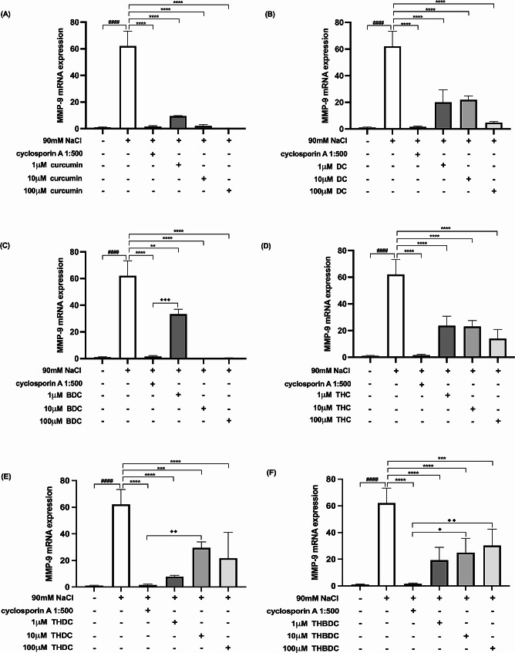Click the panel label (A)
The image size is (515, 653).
[10, 14]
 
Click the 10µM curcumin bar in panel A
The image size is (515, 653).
[204, 126]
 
